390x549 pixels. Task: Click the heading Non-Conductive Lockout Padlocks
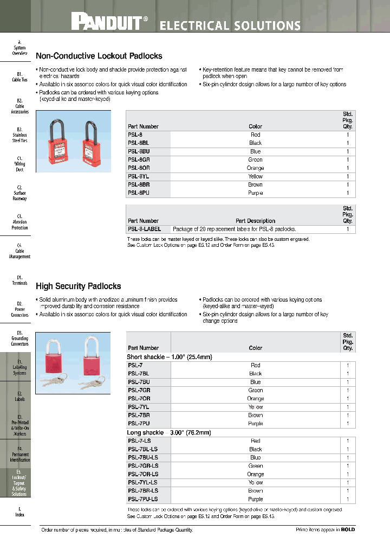coord(99,56)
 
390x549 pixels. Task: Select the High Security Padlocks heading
coord(79,286)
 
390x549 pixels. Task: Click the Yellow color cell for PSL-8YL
coord(255,176)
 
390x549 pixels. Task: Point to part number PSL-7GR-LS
coord(143,466)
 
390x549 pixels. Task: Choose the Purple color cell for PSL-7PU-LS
coord(255,499)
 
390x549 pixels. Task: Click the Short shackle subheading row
coord(170,357)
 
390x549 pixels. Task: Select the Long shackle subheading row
coord(170,433)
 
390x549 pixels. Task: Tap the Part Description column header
coord(255,221)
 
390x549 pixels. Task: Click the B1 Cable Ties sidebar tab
coord(19,76)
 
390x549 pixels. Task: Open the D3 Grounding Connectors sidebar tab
coord(19,338)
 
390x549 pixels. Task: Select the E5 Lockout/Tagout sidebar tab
coord(19,483)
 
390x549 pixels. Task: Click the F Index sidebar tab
coord(19,512)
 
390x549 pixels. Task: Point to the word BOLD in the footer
coord(348,529)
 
